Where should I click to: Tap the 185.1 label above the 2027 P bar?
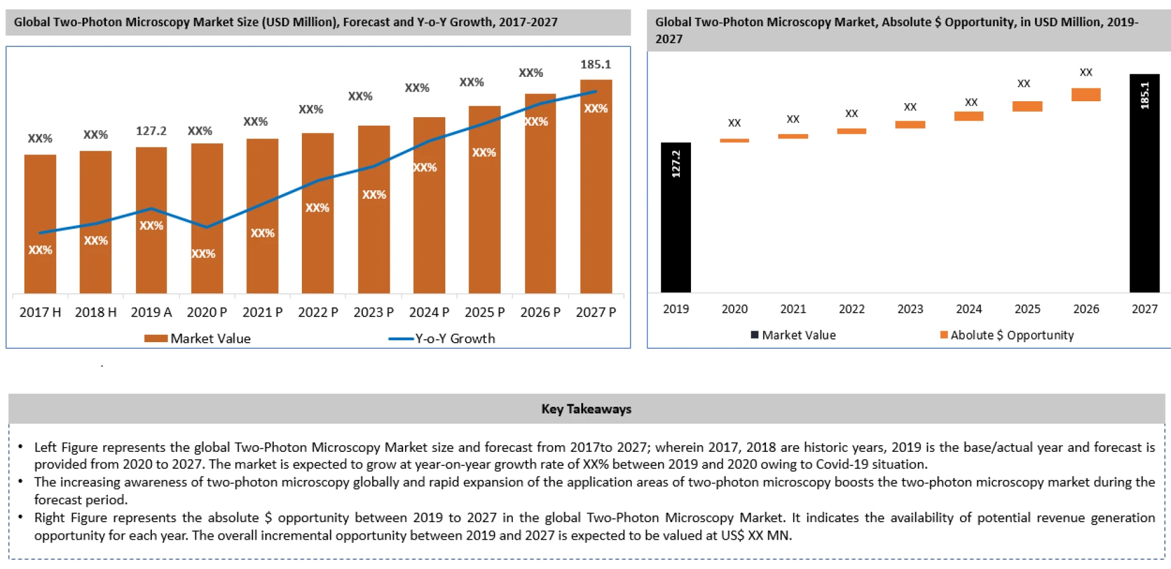tap(595, 64)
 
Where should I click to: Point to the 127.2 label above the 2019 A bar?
tap(151, 131)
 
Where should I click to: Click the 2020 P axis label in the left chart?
tap(207, 312)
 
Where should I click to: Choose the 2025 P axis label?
tap(485, 312)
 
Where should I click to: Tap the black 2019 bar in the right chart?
tap(676, 232)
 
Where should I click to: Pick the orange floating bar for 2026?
tap(1086, 95)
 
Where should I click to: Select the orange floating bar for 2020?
tap(734, 140)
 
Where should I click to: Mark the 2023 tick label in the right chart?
tap(910, 309)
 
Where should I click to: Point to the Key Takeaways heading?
tap(586, 409)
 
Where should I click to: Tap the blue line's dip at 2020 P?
tap(207, 227)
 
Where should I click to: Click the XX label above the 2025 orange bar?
tap(1023, 84)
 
